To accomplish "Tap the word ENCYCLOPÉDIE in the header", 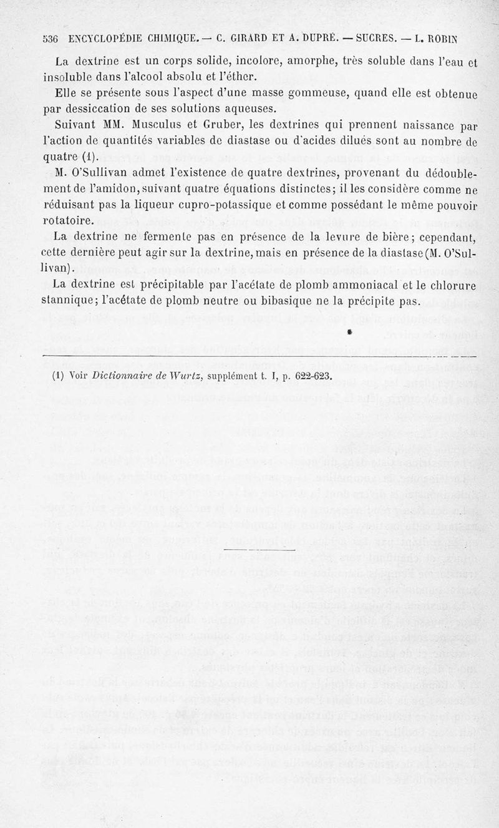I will click(x=107, y=39).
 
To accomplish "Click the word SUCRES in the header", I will click(x=374, y=39).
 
